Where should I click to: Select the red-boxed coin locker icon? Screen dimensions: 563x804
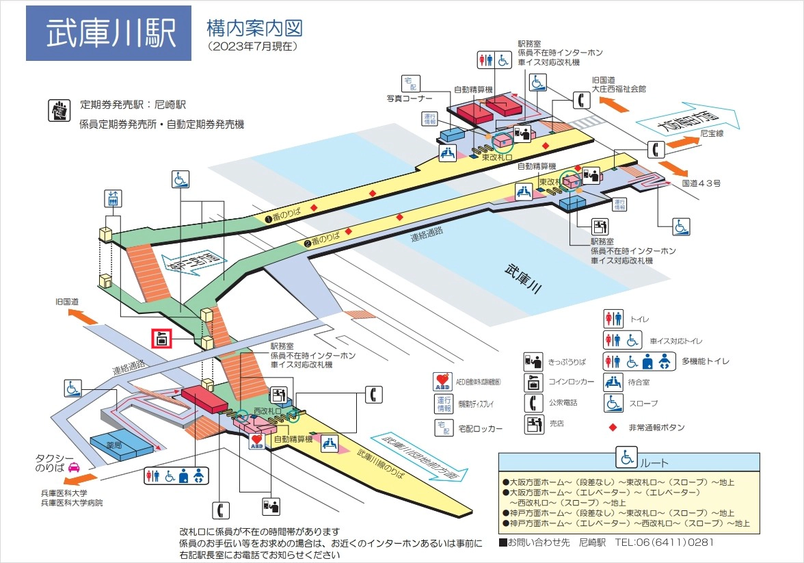(x=161, y=338)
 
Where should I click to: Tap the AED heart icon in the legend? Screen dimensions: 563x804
(x=442, y=380)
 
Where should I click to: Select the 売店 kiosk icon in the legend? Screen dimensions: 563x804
(x=533, y=424)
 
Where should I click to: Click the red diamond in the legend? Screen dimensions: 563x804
(x=612, y=428)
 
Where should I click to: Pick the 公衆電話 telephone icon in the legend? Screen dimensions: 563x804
(x=533, y=403)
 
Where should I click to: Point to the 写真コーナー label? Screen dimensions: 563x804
(x=409, y=99)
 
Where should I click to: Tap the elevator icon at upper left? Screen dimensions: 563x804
(x=113, y=198)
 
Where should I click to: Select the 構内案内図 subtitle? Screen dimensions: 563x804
(x=254, y=29)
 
